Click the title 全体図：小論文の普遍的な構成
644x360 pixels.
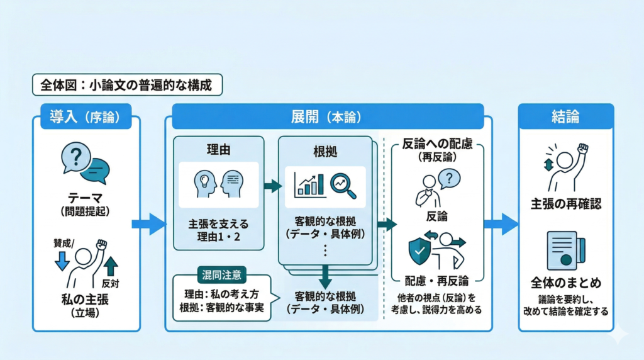coord(127,84)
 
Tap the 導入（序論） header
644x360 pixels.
coord(86,116)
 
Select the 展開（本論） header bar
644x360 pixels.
coord(325,116)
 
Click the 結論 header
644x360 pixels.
coord(565,116)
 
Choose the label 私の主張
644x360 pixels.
coord(86,300)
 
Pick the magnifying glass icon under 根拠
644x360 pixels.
coord(343,184)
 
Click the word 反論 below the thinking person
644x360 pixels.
coord(436,217)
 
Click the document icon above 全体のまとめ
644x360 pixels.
coord(565,249)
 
